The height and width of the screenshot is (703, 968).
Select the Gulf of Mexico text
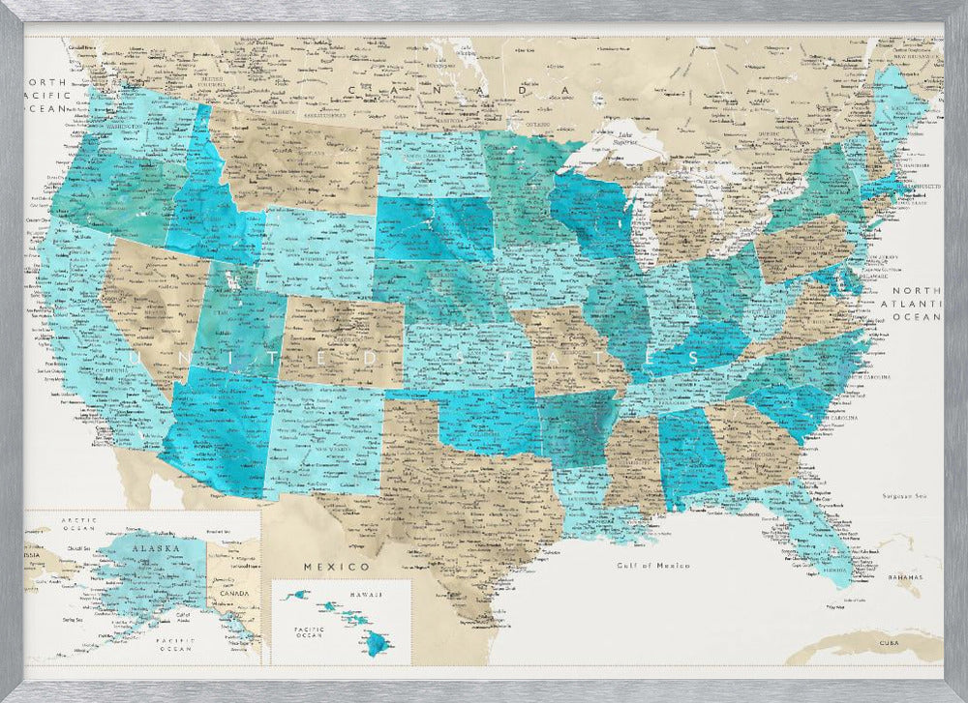653,566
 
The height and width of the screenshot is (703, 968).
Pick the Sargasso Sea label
906,496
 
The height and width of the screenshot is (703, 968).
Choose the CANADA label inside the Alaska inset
236,593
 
